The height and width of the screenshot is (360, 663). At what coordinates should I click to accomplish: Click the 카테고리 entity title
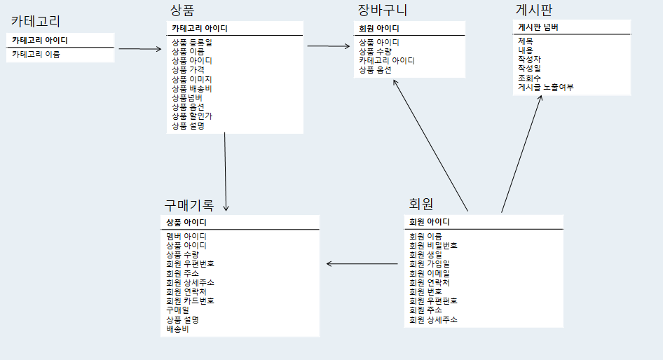click(36, 20)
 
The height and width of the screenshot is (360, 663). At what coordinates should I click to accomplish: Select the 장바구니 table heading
click(382, 10)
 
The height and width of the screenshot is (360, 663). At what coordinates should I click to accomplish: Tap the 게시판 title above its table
click(538, 10)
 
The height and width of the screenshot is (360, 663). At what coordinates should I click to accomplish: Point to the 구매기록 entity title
click(189, 205)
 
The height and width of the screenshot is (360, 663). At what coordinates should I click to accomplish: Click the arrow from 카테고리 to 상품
click(139, 49)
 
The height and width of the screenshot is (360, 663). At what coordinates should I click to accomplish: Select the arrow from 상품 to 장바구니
click(328, 46)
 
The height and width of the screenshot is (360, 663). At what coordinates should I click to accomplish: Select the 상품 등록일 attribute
click(191, 43)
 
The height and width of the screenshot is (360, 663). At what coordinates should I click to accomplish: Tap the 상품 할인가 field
click(191, 116)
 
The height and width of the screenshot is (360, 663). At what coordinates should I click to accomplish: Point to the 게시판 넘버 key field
click(538, 27)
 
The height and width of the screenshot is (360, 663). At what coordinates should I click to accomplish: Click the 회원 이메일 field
click(430, 273)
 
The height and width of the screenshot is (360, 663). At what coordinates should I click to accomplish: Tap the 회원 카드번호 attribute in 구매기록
click(190, 300)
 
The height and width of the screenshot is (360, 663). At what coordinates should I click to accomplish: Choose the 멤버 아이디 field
click(186, 237)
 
